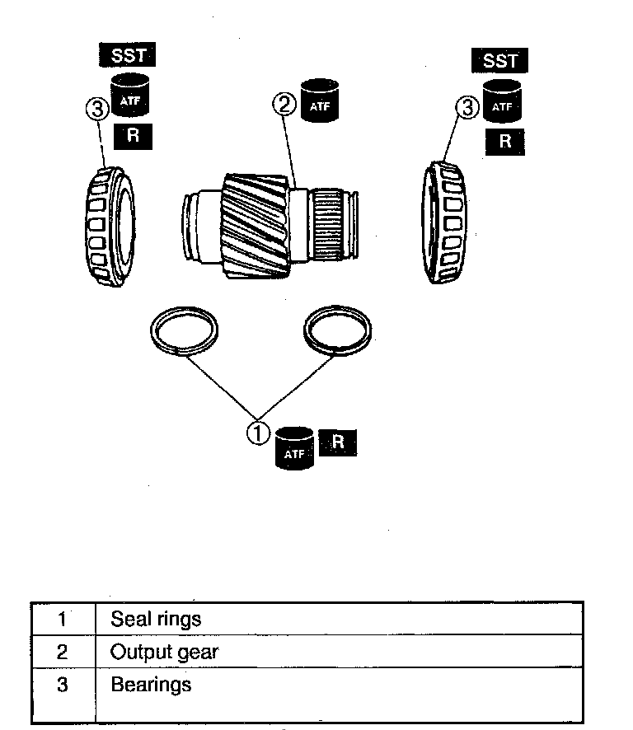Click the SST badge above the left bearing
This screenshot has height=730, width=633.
click(x=127, y=55)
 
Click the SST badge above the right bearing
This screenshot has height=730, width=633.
click(x=499, y=60)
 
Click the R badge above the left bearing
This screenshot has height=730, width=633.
click(x=132, y=136)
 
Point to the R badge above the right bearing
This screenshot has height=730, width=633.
click(x=504, y=141)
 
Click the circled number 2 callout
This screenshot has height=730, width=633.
click(x=284, y=104)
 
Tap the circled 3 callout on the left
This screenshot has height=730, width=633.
click(x=96, y=107)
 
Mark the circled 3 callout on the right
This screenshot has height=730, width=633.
click(x=467, y=106)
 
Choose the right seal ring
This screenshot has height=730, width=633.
click(x=337, y=330)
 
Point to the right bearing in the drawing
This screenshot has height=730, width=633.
click(x=445, y=225)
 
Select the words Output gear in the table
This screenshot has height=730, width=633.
click(x=165, y=653)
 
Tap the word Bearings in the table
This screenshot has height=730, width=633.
click(x=151, y=684)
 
